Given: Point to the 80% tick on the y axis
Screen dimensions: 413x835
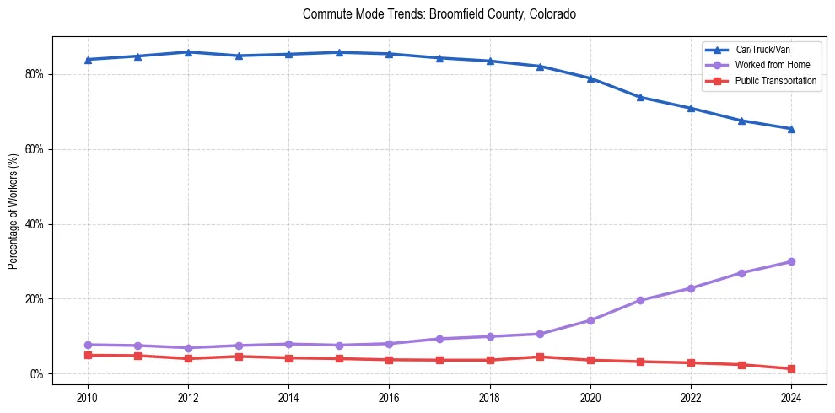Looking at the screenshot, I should [x=35, y=74].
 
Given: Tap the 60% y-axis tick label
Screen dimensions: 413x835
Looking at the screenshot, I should [x=35, y=149].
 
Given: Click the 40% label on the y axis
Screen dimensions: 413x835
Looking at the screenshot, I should [x=35, y=224].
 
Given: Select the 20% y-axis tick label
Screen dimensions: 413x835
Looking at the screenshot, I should [x=35, y=299].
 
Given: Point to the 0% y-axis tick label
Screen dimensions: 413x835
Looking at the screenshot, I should [x=37, y=374].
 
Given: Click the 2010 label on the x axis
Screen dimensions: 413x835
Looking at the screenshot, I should [x=88, y=397].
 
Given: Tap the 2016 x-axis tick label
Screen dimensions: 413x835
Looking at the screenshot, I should [x=389, y=397].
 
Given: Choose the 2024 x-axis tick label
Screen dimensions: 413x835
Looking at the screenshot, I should [x=791, y=397].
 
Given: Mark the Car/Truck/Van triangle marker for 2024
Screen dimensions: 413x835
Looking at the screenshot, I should [x=791, y=129].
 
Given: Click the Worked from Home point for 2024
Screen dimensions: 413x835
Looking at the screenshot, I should [x=791, y=261].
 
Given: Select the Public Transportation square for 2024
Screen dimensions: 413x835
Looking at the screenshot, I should [x=791, y=369].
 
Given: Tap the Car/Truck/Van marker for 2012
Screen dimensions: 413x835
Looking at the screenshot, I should [x=188, y=52].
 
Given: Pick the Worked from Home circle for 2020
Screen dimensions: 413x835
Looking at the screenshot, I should [x=590, y=320].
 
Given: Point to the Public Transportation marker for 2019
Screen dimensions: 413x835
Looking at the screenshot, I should [x=540, y=357].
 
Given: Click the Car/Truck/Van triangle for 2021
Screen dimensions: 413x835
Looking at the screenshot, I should [x=640, y=97].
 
